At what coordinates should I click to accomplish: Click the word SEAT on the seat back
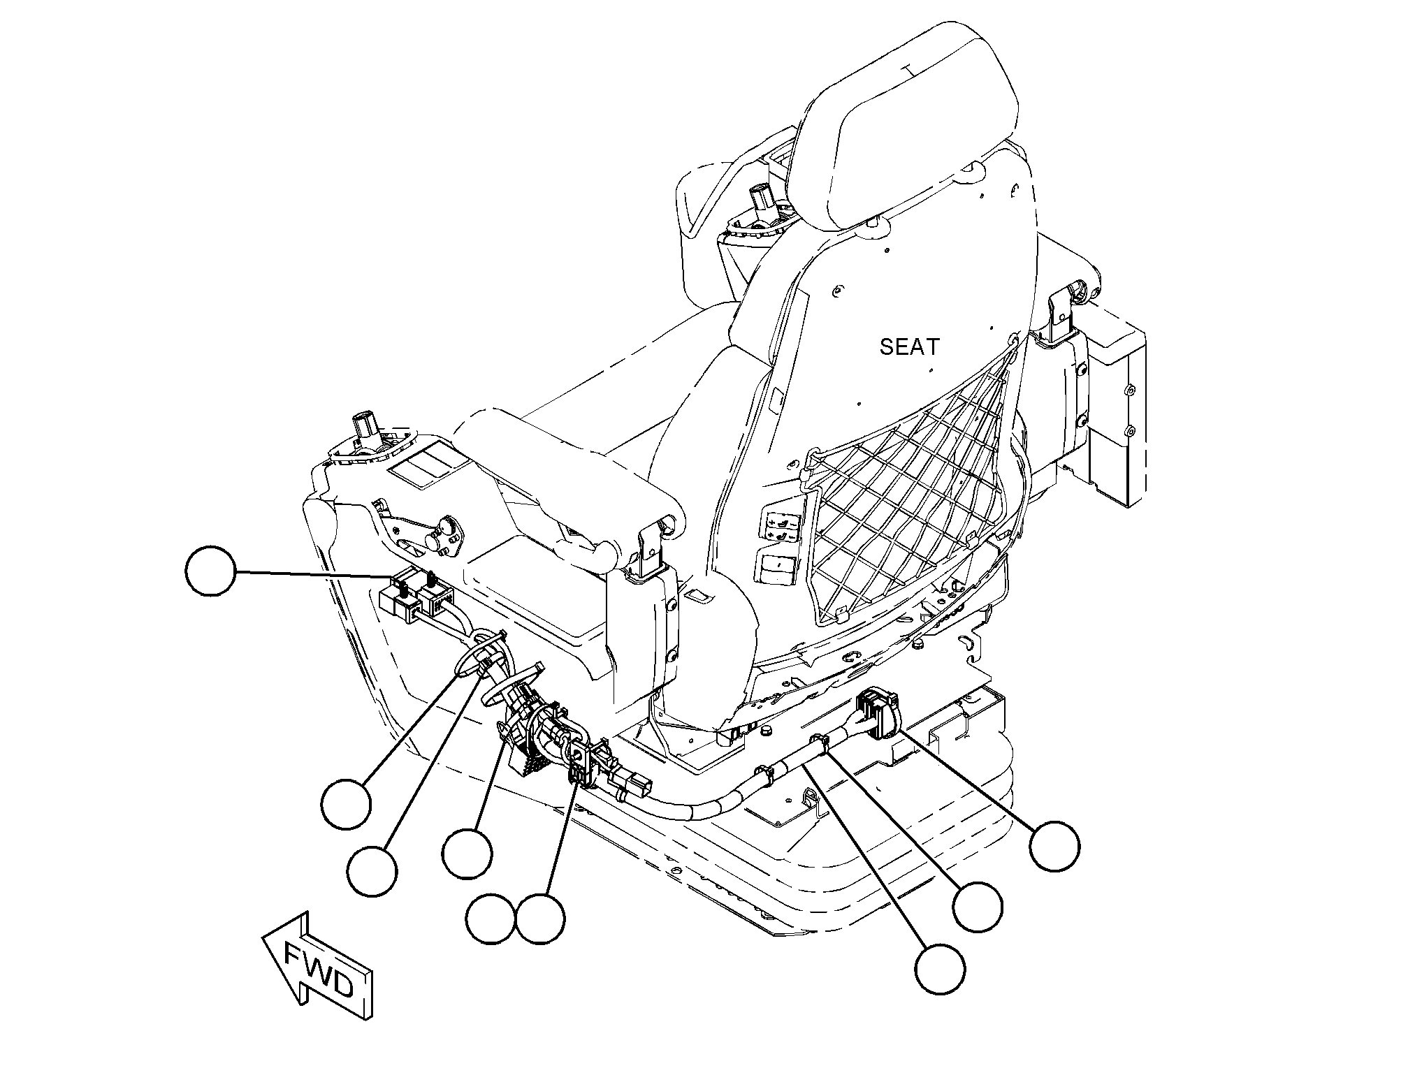pos(910,346)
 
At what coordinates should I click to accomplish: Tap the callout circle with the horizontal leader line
pos(210,571)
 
